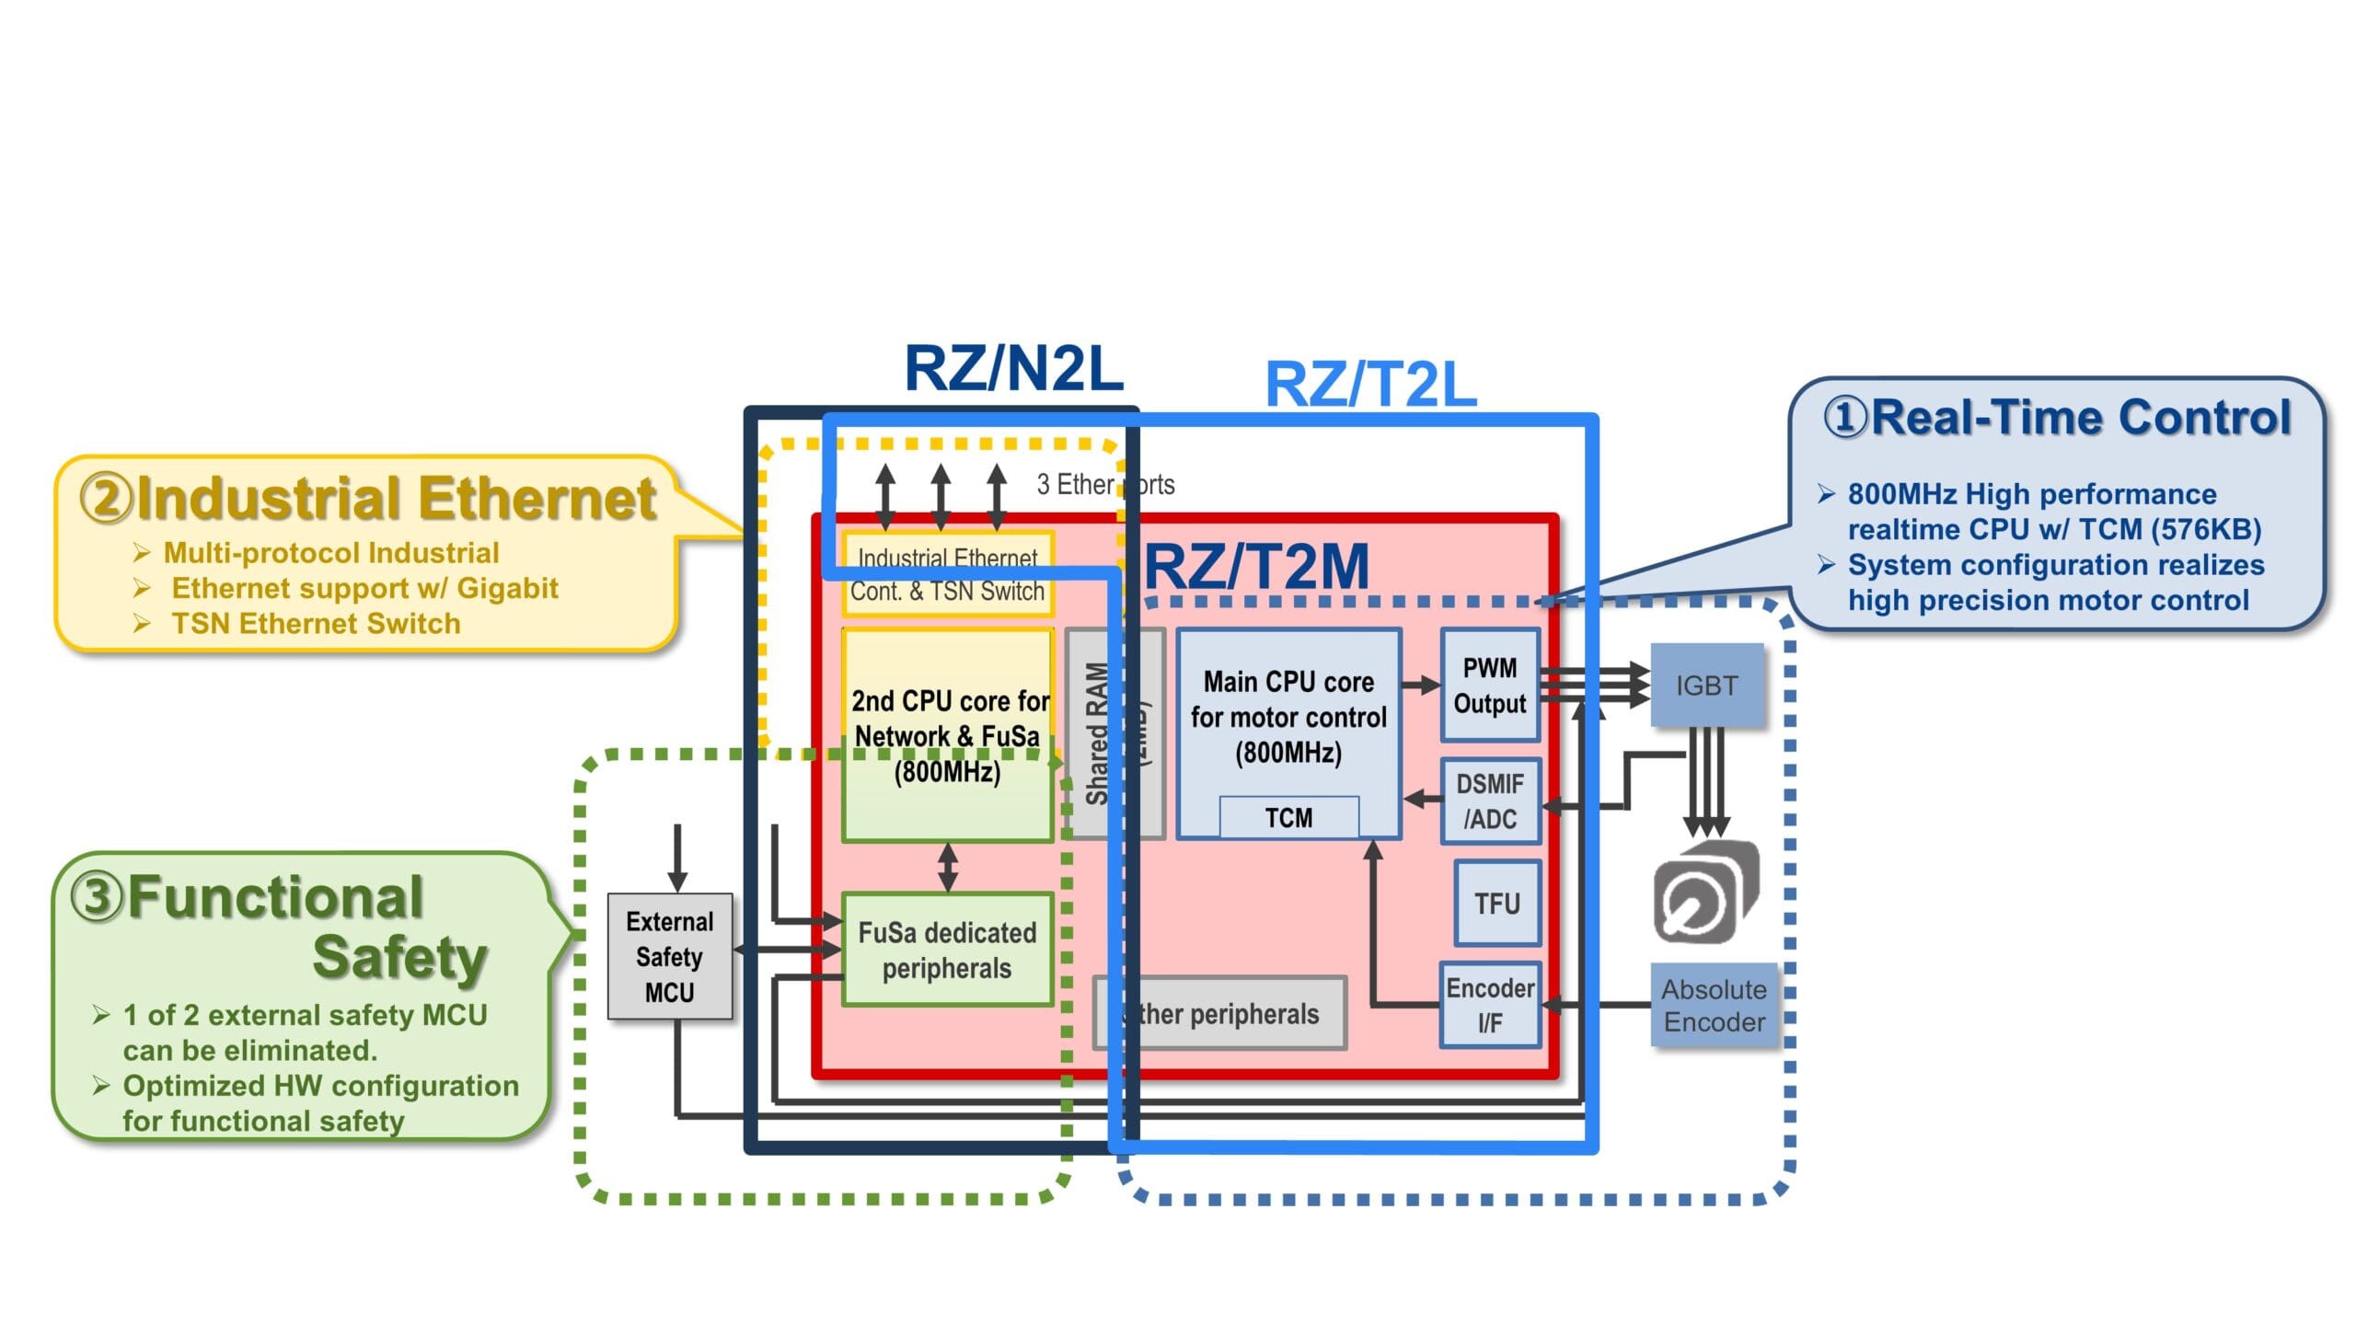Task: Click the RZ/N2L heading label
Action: [x=1013, y=368]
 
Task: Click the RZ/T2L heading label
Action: [x=1370, y=385]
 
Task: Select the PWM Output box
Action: [x=1489, y=686]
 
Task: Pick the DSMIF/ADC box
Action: [x=1489, y=801]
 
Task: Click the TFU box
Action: [x=1496, y=904]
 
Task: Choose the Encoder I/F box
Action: [x=1489, y=1005]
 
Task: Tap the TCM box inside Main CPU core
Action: [x=1288, y=817]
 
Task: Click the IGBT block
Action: [x=1706, y=686]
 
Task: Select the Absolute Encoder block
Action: [x=1714, y=1006]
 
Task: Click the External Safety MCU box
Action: [x=669, y=957]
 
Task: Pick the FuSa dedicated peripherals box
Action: [x=947, y=950]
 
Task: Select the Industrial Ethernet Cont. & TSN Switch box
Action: [x=947, y=575]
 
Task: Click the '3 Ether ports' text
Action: [x=1104, y=484]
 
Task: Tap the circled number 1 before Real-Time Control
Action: [x=1845, y=418]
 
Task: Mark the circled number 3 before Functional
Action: [x=97, y=897]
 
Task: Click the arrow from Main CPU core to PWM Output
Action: [x=1420, y=685]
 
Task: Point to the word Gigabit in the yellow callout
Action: [x=507, y=588]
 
